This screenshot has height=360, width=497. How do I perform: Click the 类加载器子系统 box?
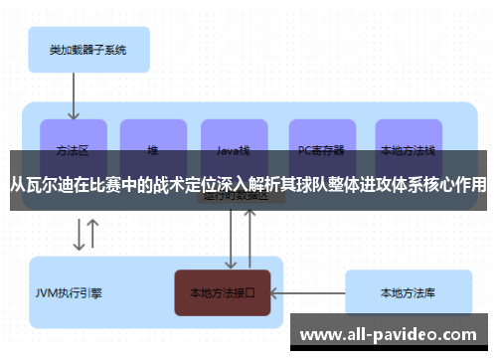pyautogui.click(x=86, y=47)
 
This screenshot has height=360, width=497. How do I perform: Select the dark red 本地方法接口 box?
pyautogui.click(x=223, y=293)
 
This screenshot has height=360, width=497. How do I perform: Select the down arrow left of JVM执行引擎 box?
pyautogui.click(x=78, y=235)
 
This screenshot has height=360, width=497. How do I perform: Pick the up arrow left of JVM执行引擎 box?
pyautogui.click(x=93, y=235)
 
